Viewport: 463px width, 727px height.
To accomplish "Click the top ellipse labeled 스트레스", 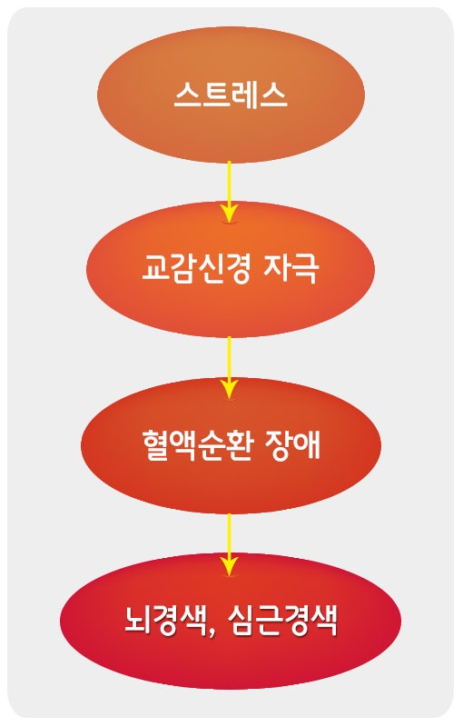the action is click(231, 95).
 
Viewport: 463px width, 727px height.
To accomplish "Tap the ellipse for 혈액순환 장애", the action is click(231, 445).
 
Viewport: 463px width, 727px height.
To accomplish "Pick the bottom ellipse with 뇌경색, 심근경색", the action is click(231, 621).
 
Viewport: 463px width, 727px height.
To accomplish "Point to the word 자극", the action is click(291, 268).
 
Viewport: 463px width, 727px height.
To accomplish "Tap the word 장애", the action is click(292, 444).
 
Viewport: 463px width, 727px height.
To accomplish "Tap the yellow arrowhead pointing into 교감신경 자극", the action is click(229, 214).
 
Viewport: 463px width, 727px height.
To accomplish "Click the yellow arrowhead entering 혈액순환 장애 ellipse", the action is click(229, 389).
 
